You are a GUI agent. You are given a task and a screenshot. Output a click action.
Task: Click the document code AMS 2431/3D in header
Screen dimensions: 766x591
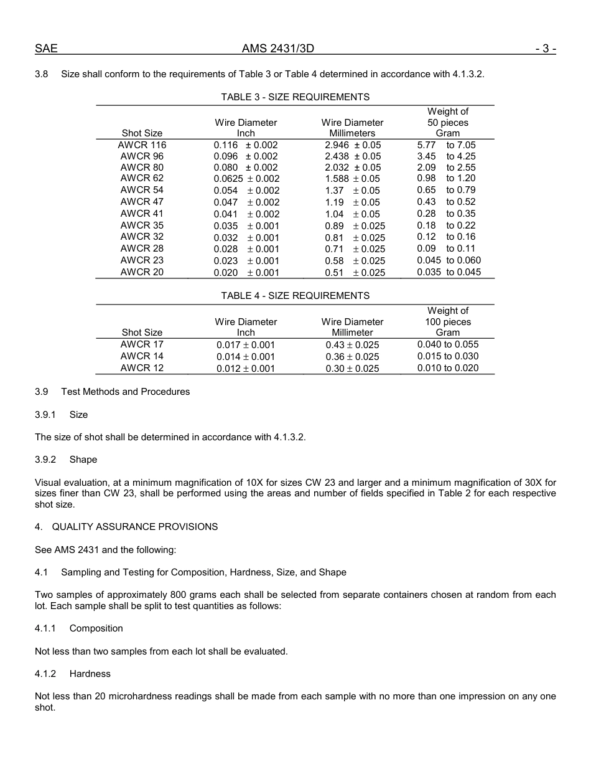tap(282, 49)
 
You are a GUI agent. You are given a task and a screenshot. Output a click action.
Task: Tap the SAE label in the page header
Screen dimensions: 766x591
tap(46, 49)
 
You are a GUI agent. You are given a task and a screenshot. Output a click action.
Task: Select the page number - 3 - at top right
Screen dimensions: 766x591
tap(545, 49)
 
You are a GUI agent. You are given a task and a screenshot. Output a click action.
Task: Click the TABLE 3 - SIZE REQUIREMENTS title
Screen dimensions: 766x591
tap(295, 97)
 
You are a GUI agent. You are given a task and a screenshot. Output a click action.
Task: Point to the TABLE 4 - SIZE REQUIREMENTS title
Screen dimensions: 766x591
tap(295, 296)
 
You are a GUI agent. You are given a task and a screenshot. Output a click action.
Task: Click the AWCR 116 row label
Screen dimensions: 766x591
tap(142, 145)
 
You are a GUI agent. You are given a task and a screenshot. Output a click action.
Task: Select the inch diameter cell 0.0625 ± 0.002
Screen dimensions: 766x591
tap(246, 179)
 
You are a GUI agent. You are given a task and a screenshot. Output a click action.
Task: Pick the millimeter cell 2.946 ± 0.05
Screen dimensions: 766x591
tap(353, 145)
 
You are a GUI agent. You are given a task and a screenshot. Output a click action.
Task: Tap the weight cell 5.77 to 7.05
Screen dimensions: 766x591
tap(447, 145)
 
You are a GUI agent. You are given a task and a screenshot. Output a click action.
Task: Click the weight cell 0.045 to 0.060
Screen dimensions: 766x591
tap(449, 260)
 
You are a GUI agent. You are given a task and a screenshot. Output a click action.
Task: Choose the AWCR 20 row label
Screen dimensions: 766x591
tap(142, 272)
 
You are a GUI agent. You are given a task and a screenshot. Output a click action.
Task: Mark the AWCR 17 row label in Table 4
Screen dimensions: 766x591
tap(142, 344)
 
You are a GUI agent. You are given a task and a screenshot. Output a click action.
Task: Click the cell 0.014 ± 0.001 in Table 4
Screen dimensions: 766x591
tap(246, 357)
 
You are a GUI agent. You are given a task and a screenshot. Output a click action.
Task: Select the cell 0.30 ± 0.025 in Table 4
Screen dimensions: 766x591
tap(352, 369)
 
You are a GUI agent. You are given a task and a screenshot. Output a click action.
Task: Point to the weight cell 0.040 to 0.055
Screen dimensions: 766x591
tap(448, 344)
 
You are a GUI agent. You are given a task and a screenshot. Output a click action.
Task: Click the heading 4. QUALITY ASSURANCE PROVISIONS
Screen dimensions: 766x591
tap(126, 527)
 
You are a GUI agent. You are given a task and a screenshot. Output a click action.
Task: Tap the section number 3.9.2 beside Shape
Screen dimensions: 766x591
tap(45, 460)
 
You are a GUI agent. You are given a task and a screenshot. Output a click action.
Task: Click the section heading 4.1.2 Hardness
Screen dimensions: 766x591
tap(73, 674)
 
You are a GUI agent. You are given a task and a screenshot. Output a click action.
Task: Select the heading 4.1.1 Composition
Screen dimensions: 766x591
tap(79, 628)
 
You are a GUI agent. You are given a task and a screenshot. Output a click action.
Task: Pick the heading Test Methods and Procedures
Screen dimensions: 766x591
tap(125, 392)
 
